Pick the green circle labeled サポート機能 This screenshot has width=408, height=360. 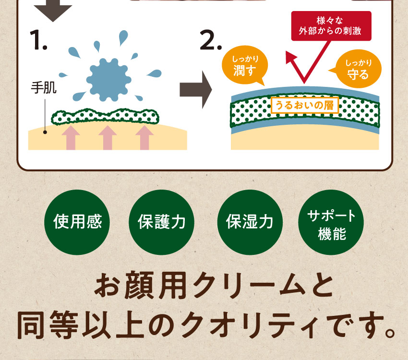[331, 222]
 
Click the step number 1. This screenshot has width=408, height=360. [38, 40]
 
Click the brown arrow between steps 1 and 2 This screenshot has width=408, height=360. [195, 89]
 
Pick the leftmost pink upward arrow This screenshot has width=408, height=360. [71, 138]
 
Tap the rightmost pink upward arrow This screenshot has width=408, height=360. [144, 138]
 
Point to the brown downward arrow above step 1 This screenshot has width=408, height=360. [53, 11]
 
